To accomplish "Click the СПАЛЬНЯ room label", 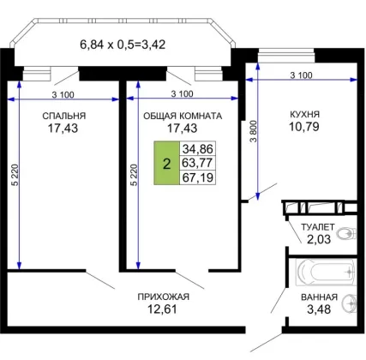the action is point(64,116).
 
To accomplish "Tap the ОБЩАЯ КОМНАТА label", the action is point(183,116).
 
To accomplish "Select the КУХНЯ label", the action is point(305,115).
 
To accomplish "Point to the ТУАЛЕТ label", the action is point(318,227).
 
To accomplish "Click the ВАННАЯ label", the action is point(319,297).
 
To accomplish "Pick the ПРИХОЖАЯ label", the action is point(164,297).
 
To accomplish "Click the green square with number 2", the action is point(166,163).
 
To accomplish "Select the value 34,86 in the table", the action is point(198,149).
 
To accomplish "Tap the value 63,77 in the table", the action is point(198,163).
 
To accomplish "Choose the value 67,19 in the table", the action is point(198,177).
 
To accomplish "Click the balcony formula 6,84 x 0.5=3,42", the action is point(123,45).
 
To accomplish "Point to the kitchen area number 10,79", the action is point(304,127).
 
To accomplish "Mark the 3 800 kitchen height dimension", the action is point(254,131).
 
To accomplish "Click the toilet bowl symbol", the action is point(346,234).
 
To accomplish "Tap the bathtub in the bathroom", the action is point(326,272).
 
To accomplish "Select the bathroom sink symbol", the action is point(350,303).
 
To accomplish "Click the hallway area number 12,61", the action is point(162,309).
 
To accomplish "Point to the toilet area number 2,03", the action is point(319,239).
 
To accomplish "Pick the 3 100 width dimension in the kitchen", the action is point(301,75).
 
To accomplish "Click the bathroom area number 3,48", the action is point(319,309).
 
